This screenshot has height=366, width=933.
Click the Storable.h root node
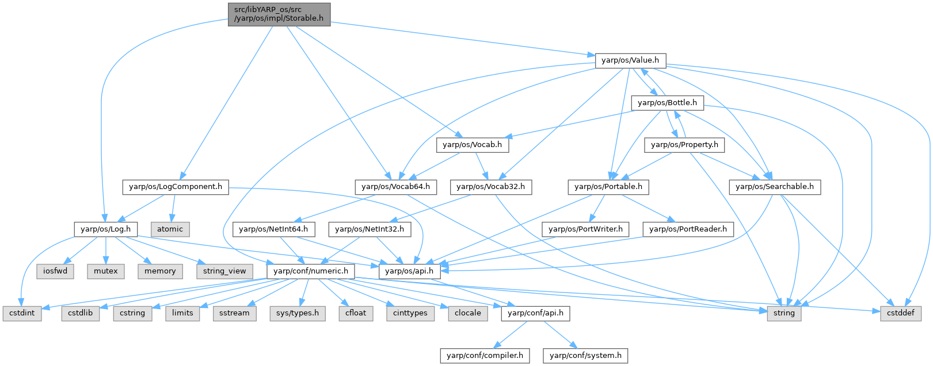pyautogui.click(x=279, y=14)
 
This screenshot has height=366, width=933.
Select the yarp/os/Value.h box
pyautogui.click(x=630, y=60)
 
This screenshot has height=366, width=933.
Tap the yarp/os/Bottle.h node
pyautogui.click(x=667, y=103)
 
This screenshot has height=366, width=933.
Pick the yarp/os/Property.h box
pyautogui.click(x=684, y=145)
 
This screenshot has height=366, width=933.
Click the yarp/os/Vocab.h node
pyautogui.click(x=473, y=145)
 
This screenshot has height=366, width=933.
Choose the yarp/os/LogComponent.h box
pyautogui.click(x=176, y=187)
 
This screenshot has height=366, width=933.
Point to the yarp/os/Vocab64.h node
pyautogui.click(x=396, y=187)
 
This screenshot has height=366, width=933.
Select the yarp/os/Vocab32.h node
pyautogui.click(x=491, y=187)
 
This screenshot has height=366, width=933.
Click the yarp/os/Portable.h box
pyautogui.click(x=608, y=187)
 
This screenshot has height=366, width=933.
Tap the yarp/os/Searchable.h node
pyautogui.click(x=775, y=187)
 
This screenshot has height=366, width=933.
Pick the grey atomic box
pyautogui.click(x=170, y=229)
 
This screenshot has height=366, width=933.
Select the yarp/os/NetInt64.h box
pyautogui.click(x=273, y=229)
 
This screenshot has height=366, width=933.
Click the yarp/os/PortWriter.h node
pyautogui.click(x=586, y=229)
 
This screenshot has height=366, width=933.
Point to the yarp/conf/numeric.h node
pyautogui.click(x=311, y=271)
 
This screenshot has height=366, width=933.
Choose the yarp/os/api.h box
pyautogui.click(x=409, y=271)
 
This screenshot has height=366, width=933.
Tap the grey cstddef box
pyautogui.click(x=901, y=313)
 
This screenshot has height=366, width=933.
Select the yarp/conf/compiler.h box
pyautogui.click(x=485, y=355)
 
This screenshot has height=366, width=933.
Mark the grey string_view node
pyautogui.click(x=224, y=271)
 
